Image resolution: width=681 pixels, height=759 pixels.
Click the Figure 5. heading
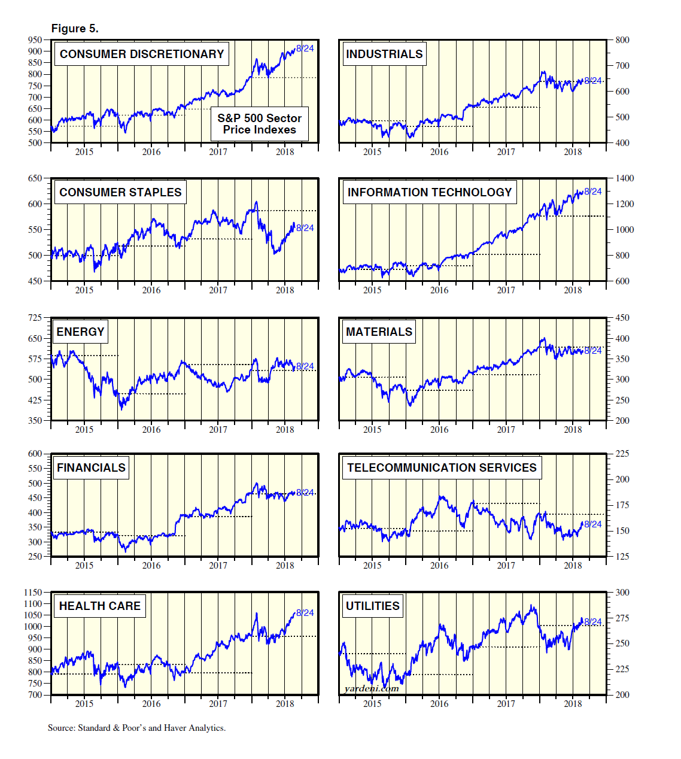tap(75, 29)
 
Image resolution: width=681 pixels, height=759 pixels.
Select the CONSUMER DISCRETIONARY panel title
tap(142, 54)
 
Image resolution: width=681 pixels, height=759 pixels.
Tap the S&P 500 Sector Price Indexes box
tap(259, 124)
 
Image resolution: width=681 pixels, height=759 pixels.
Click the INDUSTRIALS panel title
tap(384, 54)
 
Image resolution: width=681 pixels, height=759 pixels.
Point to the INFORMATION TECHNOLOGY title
tap(429, 192)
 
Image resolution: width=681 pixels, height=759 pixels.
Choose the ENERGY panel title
tap(80, 332)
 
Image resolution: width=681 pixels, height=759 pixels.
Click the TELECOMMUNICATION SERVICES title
tap(442, 467)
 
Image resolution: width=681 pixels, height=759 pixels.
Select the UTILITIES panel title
tap(372, 606)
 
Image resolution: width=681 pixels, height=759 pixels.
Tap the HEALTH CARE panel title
tap(100, 606)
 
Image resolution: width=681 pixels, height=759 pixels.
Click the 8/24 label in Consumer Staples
tap(305, 228)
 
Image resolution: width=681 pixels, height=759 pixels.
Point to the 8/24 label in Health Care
tap(305, 613)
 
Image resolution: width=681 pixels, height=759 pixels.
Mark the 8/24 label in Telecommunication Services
tap(593, 524)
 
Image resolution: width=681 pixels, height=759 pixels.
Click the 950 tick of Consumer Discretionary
tap(35, 40)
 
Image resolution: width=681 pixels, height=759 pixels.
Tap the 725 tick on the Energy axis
tap(35, 318)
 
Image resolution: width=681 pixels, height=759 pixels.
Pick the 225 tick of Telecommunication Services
tap(622, 454)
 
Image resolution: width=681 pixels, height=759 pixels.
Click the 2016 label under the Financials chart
tap(151, 566)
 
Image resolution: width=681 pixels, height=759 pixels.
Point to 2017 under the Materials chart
tap(506, 429)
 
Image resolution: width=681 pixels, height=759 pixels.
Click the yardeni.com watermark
tap(372, 688)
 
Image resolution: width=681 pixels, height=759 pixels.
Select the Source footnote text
tap(136, 728)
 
